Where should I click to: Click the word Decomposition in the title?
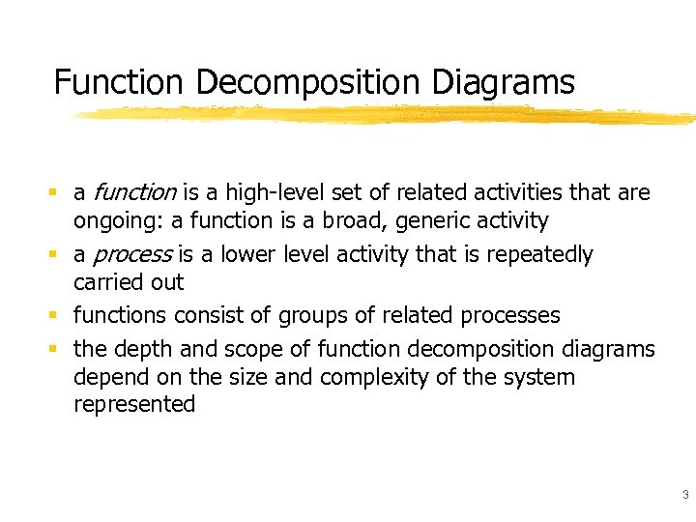pos(309,82)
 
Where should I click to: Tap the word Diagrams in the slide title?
pos(503,82)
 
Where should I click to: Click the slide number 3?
pos(684,495)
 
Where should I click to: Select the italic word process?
pos(130,255)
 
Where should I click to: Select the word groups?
pos(309,316)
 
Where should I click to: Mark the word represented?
pos(134,404)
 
